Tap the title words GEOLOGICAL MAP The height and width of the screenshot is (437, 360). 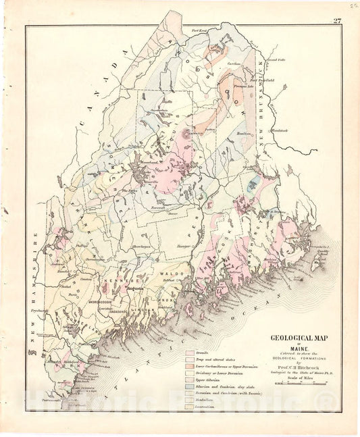click(297, 339)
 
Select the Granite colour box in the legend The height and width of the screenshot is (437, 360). click(191, 352)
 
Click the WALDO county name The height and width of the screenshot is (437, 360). click(168, 274)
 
